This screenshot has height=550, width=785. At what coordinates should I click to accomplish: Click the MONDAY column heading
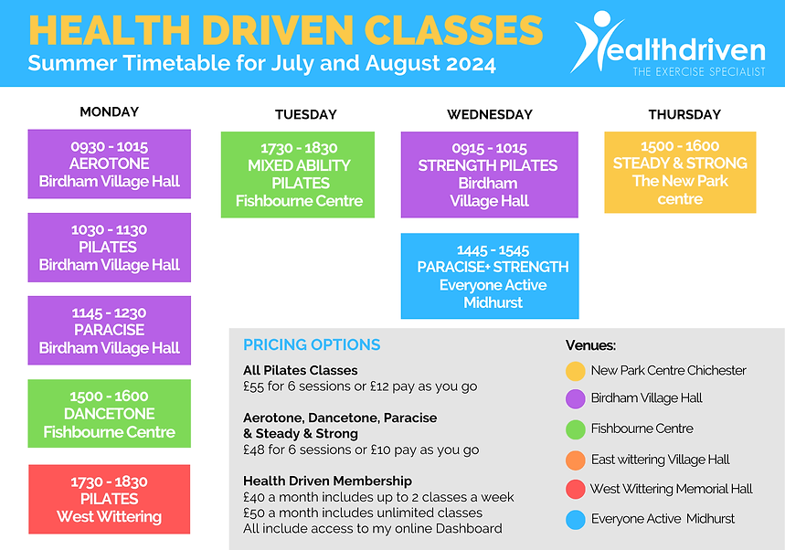109,111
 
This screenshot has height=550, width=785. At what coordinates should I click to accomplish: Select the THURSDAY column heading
684,114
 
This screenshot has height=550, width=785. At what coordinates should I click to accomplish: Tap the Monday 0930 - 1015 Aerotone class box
109,164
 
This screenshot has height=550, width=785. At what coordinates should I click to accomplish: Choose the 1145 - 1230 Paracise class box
109,330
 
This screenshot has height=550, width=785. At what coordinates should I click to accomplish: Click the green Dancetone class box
109,414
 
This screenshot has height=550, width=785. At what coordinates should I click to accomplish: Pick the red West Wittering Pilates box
109,499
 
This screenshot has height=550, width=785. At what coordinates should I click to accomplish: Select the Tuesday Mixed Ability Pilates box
298,175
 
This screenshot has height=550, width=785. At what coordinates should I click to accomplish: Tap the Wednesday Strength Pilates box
489,175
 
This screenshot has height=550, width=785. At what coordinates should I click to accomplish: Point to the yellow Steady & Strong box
680,172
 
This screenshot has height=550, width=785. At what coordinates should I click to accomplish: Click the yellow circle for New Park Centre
575,371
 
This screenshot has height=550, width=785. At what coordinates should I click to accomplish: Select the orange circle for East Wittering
575,460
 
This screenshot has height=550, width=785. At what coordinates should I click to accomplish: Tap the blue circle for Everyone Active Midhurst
575,519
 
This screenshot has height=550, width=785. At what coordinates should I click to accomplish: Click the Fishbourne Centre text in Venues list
642,428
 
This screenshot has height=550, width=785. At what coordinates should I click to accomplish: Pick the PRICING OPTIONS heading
312,344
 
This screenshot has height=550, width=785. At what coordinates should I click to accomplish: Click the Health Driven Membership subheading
327,481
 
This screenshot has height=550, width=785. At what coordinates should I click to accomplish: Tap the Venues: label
590,345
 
